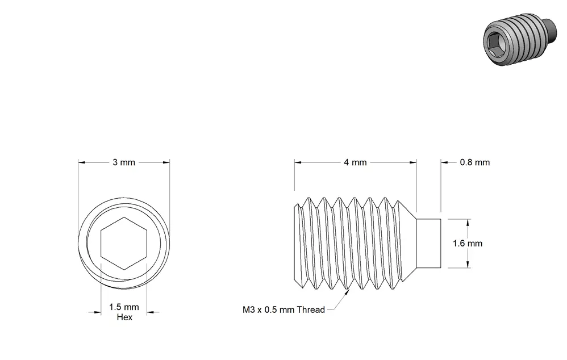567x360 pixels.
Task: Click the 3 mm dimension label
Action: click(x=124, y=162)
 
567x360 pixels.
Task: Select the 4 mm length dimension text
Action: click(x=355, y=162)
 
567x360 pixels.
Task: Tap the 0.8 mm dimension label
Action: click(x=475, y=162)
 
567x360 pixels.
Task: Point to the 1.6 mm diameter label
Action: click(x=468, y=243)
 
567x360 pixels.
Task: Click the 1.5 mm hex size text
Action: click(x=124, y=307)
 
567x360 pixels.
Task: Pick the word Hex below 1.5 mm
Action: click(x=124, y=317)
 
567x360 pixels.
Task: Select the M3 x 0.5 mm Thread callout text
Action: click(x=283, y=310)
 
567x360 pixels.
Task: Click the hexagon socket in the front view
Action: click(x=124, y=243)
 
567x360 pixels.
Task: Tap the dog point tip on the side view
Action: click(x=428, y=243)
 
